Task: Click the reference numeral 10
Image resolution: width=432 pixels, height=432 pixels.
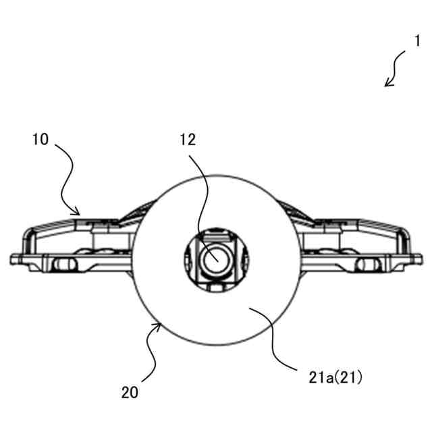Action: (40, 140)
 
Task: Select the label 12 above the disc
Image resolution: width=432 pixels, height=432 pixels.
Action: (188, 140)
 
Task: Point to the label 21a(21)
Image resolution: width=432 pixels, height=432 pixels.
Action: (333, 379)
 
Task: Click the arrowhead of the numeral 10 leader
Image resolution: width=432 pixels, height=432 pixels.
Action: (81, 213)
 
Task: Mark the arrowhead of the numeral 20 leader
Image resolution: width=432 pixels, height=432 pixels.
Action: (160, 325)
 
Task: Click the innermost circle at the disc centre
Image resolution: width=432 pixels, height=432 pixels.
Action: (215, 257)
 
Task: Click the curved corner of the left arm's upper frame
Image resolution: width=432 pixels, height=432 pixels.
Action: (28, 232)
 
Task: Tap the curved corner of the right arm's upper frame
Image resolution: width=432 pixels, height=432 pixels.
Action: (404, 232)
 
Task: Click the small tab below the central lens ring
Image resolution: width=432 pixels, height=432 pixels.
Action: (215, 287)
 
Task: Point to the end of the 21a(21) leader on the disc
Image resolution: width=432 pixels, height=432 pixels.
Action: (250, 308)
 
